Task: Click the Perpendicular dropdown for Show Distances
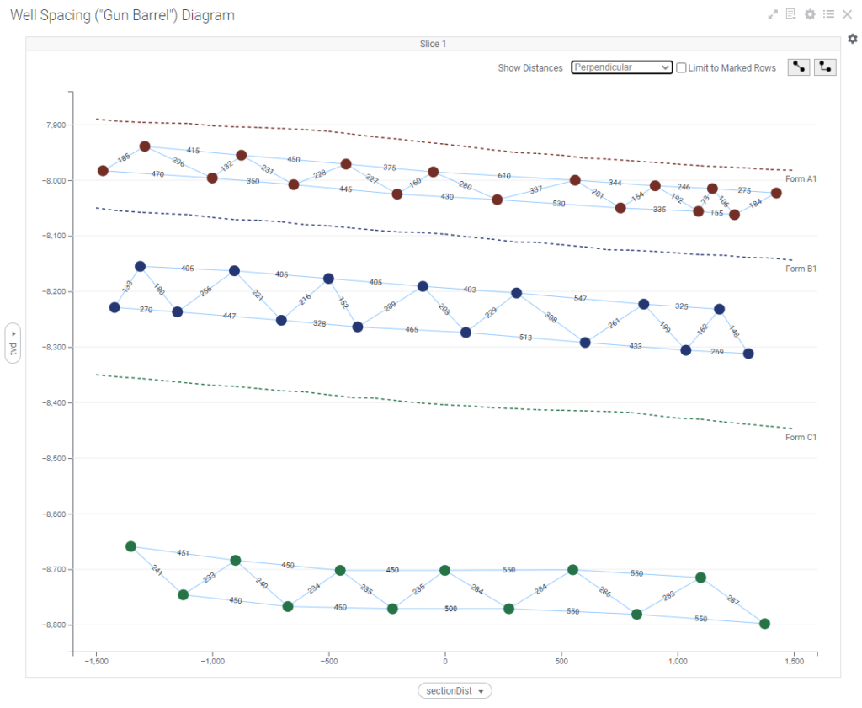[x=621, y=67]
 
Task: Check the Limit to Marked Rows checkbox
[x=682, y=67]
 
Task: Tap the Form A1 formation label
[x=801, y=179]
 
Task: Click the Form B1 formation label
[x=801, y=269]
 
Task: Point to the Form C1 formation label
[x=801, y=438]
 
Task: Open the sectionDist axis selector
[x=455, y=691]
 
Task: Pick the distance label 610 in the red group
[x=504, y=176]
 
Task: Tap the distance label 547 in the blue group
[x=580, y=298]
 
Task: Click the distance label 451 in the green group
[x=184, y=553]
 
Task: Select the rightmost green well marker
[x=764, y=624]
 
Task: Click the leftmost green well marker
[x=130, y=546]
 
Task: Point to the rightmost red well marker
[x=776, y=193]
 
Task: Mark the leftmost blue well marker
[x=114, y=307]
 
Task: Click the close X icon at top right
[x=847, y=14]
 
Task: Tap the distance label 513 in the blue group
[x=526, y=337]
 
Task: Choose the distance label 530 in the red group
[x=559, y=204]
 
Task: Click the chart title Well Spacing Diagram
[x=122, y=15]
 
